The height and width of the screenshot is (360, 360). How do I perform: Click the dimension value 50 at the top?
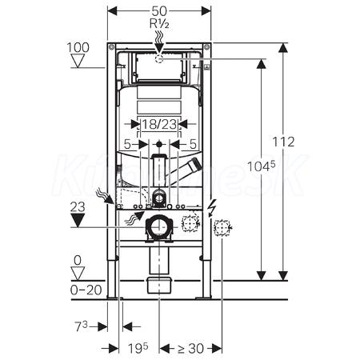click(x=159, y=11)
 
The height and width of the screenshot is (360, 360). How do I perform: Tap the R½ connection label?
click(x=159, y=24)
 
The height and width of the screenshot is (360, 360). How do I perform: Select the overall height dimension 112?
click(x=283, y=142)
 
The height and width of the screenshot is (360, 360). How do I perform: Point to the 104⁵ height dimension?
click(x=261, y=166)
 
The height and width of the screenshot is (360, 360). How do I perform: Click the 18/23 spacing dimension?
click(x=159, y=124)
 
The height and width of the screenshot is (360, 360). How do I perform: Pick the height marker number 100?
click(x=78, y=48)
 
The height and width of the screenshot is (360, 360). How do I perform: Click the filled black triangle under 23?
click(x=78, y=220)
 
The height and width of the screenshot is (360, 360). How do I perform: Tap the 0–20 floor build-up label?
click(x=86, y=290)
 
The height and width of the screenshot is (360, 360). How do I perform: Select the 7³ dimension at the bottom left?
click(x=81, y=326)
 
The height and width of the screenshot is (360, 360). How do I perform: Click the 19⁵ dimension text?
click(x=138, y=348)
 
